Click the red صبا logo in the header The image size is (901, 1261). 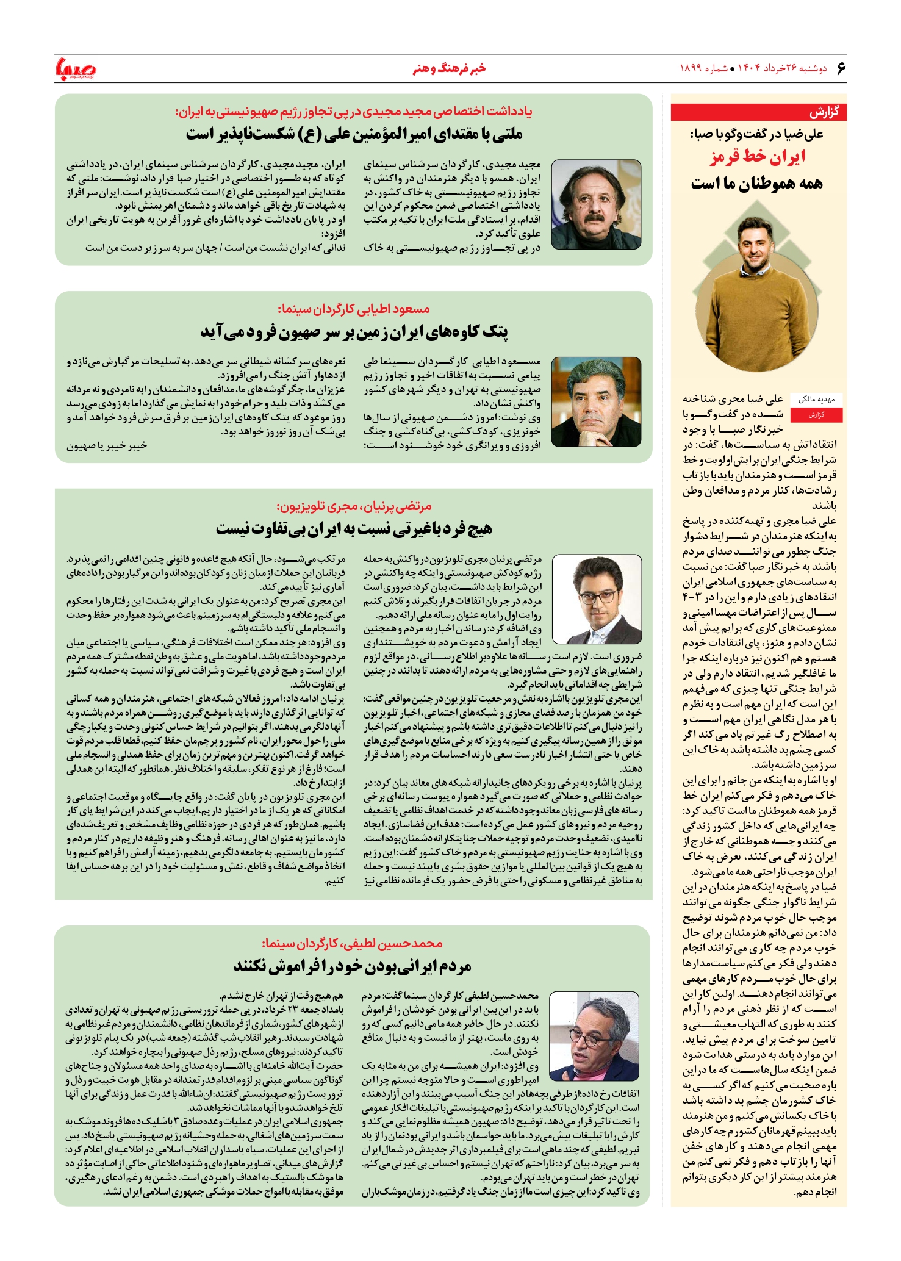pyautogui.click(x=76, y=69)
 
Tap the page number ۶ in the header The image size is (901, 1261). pyautogui.click(x=841, y=68)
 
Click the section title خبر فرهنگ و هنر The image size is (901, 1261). pyautogui.click(x=449, y=68)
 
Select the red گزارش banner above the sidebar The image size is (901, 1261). pyautogui.click(x=758, y=112)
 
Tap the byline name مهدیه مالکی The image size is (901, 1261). pyautogui.click(x=816, y=400)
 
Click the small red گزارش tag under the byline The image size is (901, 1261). pyautogui.click(x=816, y=415)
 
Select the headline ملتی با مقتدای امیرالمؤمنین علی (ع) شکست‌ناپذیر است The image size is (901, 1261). pyautogui.click(x=354, y=134)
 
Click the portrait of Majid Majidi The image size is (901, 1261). pyautogui.click(x=596, y=204)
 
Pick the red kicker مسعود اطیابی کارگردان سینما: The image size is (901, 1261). pyautogui.click(x=354, y=309)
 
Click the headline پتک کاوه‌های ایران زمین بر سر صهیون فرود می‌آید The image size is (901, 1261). pyautogui.click(x=354, y=332)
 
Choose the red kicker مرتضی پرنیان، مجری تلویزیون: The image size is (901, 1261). pyautogui.click(x=354, y=506)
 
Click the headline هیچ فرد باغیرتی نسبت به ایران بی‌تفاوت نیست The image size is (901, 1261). pyautogui.click(x=354, y=529)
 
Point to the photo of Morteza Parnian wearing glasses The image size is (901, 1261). pyautogui.click(x=599, y=598)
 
